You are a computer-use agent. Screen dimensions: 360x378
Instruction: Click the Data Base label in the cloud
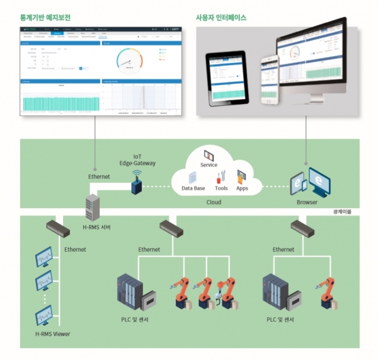click(x=193, y=188)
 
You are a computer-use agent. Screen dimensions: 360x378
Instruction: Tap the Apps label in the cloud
click(x=242, y=188)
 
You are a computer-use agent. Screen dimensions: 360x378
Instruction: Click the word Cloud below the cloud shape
click(x=215, y=203)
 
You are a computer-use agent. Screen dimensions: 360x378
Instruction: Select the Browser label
click(x=307, y=203)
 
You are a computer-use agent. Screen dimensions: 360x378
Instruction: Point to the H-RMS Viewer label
click(x=53, y=334)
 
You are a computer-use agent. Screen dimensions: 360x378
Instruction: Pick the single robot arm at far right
click(x=328, y=291)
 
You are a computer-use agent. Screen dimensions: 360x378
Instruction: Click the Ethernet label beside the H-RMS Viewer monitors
click(x=75, y=250)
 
